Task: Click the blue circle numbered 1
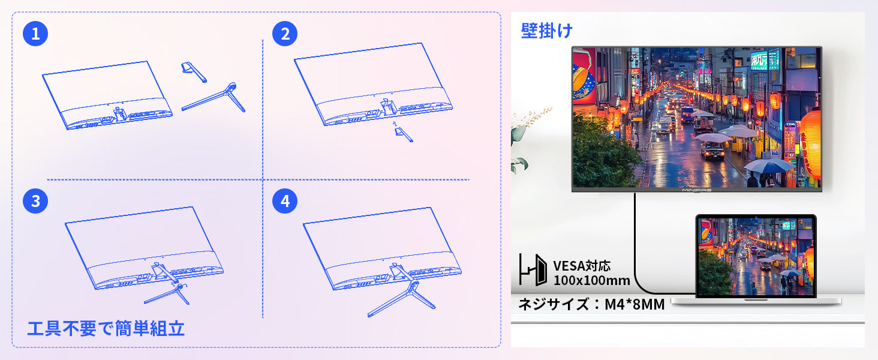click(35, 34)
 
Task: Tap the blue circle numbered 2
click(284, 34)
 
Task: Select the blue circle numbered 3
click(35, 201)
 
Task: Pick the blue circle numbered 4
click(284, 201)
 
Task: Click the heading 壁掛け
click(546, 31)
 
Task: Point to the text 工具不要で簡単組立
click(106, 329)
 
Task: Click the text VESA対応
click(582, 266)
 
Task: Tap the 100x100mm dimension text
click(591, 280)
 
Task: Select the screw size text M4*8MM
click(635, 304)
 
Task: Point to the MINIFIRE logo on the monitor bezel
click(696, 190)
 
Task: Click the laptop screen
click(756, 256)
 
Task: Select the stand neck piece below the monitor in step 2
click(404, 133)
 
